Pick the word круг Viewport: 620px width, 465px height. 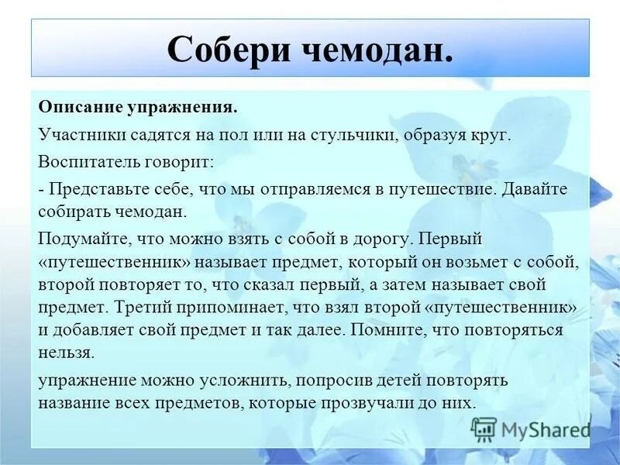point(469,135)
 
